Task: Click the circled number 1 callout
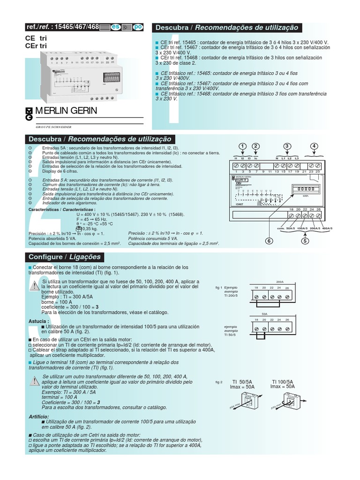(x=242, y=146)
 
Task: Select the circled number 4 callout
(x=314, y=146)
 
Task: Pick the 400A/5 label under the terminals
(x=325, y=228)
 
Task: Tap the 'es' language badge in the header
(x=115, y=27)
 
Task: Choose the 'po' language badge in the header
(x=138, y=27)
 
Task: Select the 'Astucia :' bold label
(x=39, y=321)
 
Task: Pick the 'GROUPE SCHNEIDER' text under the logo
(x=54, y=127)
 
